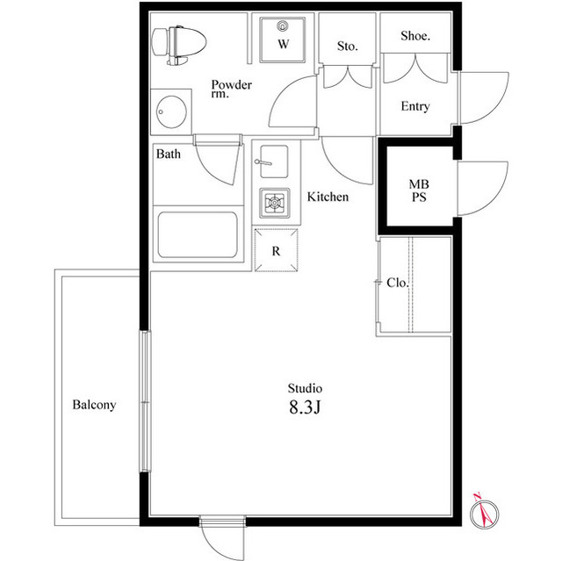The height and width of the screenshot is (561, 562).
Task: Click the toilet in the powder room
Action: click(179, 45)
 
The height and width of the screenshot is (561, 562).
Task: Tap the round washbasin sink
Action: click(171, 112)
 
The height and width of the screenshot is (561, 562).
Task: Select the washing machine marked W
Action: click(283, 40)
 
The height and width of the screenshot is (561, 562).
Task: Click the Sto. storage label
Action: click(348, 47)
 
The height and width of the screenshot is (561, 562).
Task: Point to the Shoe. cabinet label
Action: click(415, 35)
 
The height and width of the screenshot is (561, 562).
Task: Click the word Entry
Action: click(415, 106)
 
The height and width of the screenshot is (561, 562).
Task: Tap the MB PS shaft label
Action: click(419, 191)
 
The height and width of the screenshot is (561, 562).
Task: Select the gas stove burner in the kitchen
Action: click(275, 203)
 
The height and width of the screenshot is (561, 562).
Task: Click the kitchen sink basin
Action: click(274, 162)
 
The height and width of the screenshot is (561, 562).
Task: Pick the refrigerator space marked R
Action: click(276, 250)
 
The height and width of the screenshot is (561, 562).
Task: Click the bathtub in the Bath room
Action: click(198, 234)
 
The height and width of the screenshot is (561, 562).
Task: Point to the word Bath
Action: click(169, 154)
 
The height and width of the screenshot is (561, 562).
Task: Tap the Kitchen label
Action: click(328, 197)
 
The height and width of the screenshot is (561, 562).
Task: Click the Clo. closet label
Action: click(398, 283)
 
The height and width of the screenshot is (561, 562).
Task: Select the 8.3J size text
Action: click(305, 407)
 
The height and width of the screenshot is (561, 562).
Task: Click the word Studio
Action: click(305, 388)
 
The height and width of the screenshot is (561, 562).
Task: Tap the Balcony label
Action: click(94, 405)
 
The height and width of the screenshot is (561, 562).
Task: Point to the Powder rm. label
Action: click(232, 89)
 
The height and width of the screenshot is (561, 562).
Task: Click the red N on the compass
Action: click(477, 497)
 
